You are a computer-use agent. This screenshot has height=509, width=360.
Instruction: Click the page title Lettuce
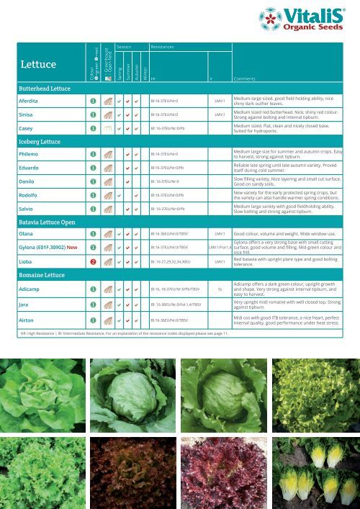[39, 65]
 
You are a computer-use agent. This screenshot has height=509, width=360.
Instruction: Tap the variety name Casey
[26, 128]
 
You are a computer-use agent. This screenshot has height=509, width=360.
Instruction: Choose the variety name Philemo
[30, 154]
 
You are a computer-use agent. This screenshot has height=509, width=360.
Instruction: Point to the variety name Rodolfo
[30, 194]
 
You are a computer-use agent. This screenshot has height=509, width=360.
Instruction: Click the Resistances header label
[162, 46]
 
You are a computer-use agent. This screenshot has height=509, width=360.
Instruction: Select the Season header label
[123, 46]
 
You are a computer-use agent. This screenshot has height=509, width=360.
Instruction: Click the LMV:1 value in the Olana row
[220, 234]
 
